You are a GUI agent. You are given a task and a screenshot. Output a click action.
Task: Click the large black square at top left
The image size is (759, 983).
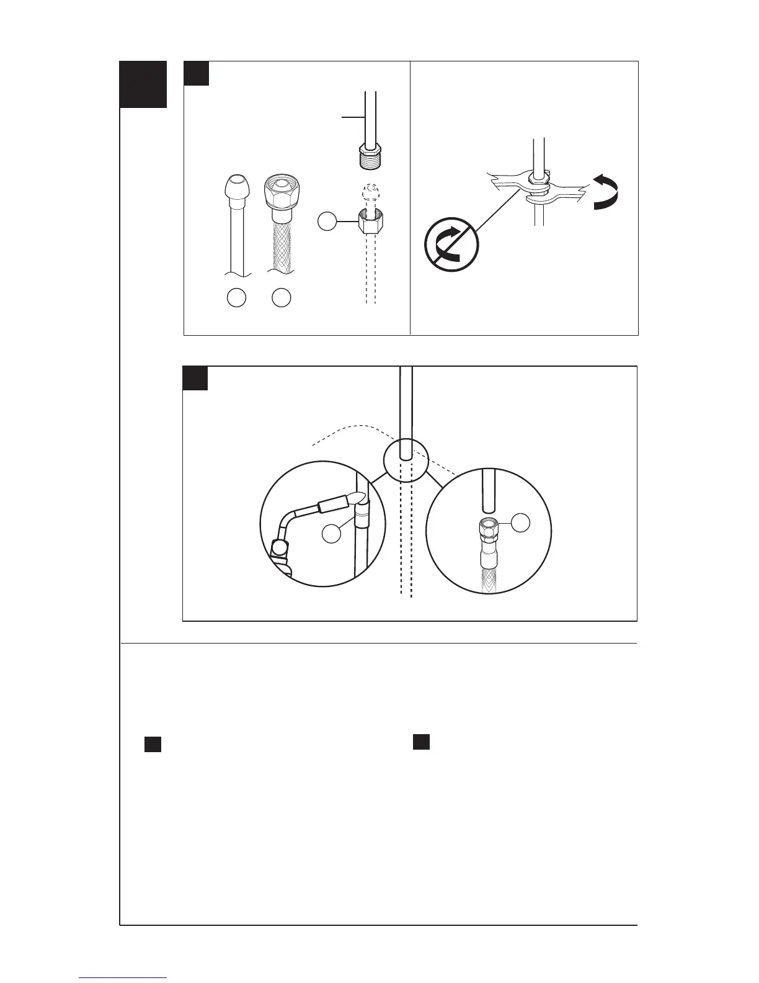pos(143,84)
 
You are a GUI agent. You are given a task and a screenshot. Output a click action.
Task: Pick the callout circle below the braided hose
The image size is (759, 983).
pos(282,298)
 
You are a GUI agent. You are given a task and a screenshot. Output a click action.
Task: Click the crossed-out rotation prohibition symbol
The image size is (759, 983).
pos(451,245)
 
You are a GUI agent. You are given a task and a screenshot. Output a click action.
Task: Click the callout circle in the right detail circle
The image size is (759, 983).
pos(521,523)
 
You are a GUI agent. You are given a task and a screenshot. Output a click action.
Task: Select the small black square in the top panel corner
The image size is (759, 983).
pos(197,73)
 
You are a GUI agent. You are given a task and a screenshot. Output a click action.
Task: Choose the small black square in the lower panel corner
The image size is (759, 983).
pos(195,378)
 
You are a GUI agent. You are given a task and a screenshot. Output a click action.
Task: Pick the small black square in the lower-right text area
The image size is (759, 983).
pos(422,742)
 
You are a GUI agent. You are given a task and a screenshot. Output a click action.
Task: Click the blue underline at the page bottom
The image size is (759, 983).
pos(123,978)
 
